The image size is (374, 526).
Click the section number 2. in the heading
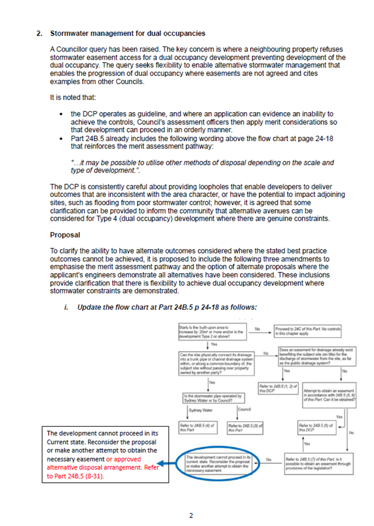39,33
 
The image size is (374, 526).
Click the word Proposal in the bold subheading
66,235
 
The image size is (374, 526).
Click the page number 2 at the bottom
191,515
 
